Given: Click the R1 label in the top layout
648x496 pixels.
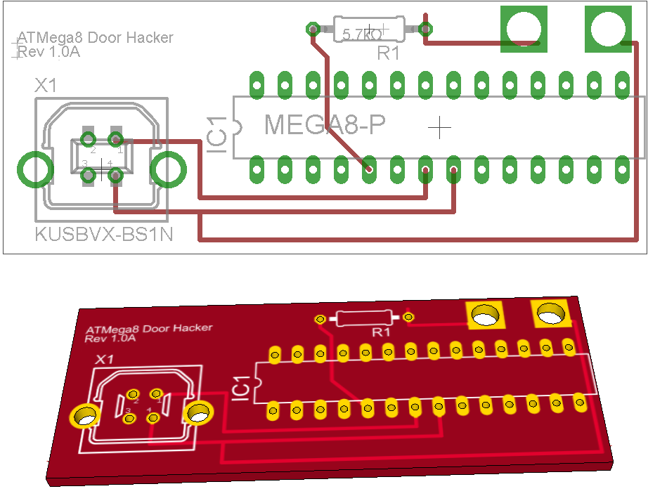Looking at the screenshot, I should tap(388, 53).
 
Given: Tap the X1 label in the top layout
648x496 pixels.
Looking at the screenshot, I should tap(46, 86).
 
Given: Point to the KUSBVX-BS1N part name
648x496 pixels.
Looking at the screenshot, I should tap(103, 235).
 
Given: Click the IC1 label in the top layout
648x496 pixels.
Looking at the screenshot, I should tap(216, 136).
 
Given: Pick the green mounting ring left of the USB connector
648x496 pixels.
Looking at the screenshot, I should tap(34, 169).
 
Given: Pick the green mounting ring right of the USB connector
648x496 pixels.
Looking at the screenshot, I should tap(169, 169).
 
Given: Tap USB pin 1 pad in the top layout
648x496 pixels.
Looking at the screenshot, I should tap(117, 138).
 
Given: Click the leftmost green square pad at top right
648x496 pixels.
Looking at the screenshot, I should tap(523, 29).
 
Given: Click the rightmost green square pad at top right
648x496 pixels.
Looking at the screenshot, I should tap(608, 29).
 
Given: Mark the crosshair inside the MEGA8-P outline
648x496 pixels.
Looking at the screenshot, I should tap(439, 127).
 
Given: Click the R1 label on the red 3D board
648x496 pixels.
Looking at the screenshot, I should tap(382, 332).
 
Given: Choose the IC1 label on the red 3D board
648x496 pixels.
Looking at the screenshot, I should tap(240, 387).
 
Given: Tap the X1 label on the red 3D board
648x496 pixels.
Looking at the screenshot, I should tap(105, 359).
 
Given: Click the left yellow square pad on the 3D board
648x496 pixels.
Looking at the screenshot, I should tap(484, 315).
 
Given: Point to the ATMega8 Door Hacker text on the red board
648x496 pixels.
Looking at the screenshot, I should tap(148, 329).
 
